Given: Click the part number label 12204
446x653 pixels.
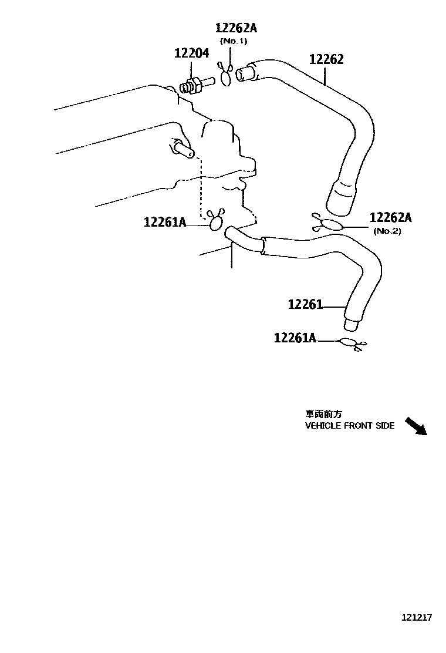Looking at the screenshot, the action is click(x=191, y=53).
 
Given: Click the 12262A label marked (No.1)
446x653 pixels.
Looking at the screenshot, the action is click(x=236, y=28).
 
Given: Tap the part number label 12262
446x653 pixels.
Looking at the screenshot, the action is click(x=326, y=59).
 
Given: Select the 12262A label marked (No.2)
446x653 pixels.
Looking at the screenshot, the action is click(x=390, y=218).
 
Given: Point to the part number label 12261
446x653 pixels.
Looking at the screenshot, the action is click(x=305, y=304).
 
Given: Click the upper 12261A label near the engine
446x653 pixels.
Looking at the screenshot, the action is click(x=165, y=222).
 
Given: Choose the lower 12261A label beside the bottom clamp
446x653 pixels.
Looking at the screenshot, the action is click(x=295, y=338).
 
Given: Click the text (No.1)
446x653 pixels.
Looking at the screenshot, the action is click(x=234, y=41).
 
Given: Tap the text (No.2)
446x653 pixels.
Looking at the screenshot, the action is click(x=387, y=231).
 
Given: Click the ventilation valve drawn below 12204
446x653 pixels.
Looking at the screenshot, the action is click(x=193, y=86).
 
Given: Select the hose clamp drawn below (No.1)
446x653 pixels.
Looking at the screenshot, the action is click(x=226, y=75).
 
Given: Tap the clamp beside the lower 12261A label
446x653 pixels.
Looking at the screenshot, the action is click(x=352, y=344).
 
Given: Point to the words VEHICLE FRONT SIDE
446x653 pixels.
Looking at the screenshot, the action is click(x=350, y=426).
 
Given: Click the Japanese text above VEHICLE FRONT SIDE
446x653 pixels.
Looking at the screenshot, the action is click(x=323, y=414).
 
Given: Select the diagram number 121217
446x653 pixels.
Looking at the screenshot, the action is click(x=416, y=618).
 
